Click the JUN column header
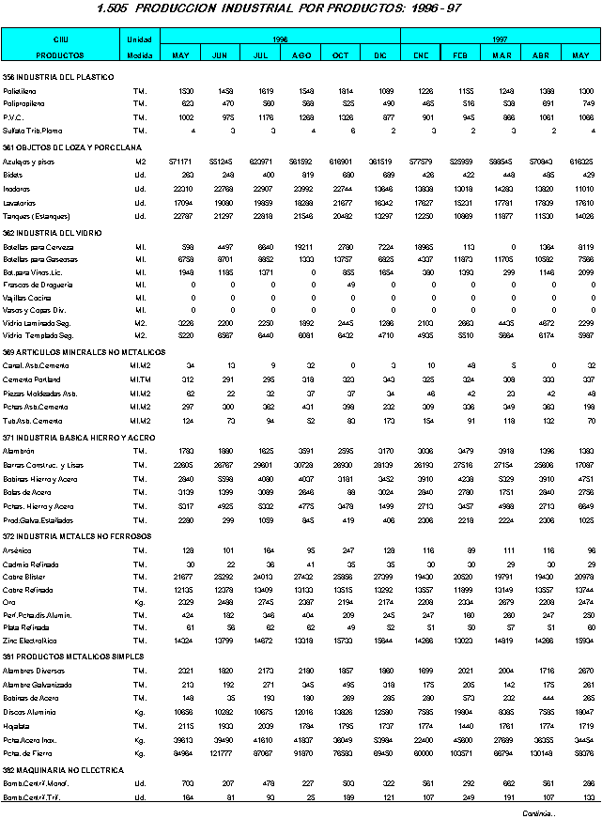tap(220, 55)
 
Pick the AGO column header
tap(301, 55)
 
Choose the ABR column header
tap(540, 55)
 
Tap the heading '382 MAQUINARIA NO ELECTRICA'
tap(63, 770)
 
